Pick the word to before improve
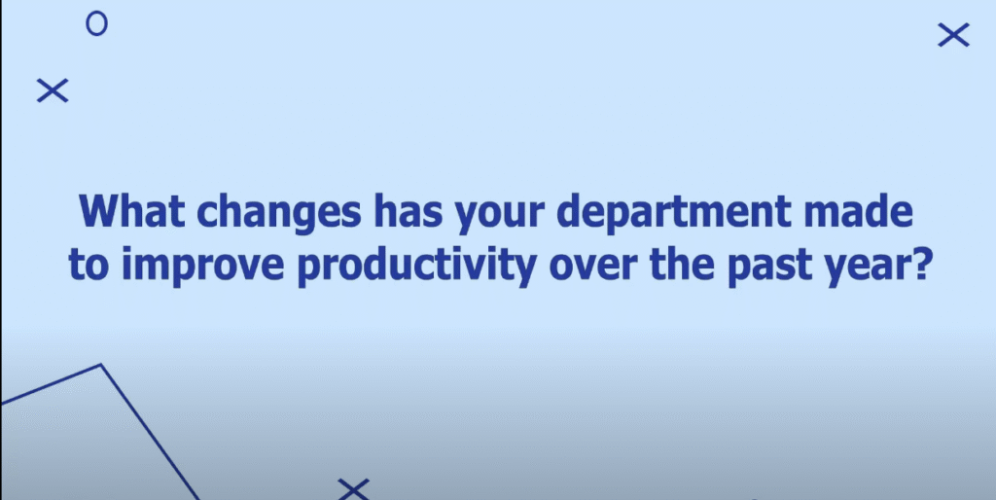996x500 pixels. click(89, 266)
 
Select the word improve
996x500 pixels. click(202, 268)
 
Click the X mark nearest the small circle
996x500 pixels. click(53, 90)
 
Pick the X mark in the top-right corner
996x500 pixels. click(953, 35)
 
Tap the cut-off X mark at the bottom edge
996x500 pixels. click(353, 490)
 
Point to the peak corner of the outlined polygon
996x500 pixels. click(100, 365)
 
